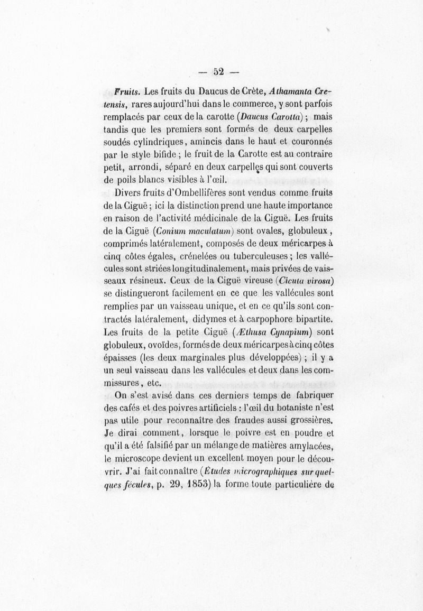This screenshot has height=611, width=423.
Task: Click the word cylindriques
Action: click(175, 142)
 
